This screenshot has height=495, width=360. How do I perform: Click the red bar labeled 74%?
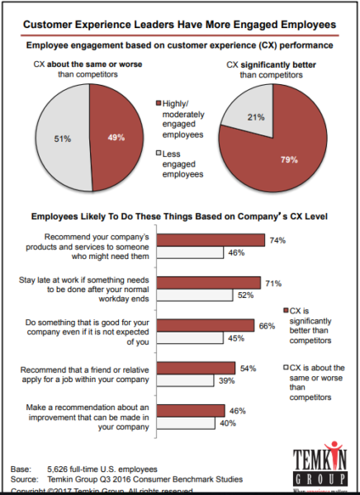(211, 240)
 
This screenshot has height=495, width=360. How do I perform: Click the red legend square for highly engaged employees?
(159, 103)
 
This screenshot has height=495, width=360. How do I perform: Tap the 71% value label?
(272, 281)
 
